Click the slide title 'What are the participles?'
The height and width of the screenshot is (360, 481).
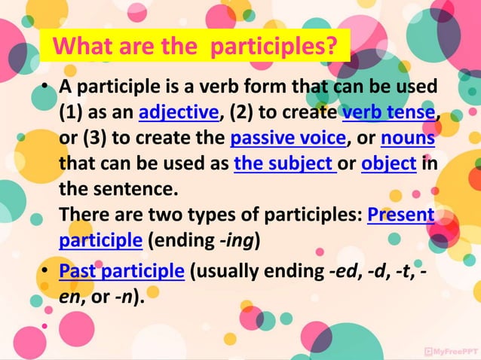tap(195, 47)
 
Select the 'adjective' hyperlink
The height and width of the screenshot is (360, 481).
tap(178, 114)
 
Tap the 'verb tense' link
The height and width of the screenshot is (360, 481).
tap(388, 114)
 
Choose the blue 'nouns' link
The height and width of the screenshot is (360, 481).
tap(408, 139)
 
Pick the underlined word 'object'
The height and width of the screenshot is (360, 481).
tap(389, 164)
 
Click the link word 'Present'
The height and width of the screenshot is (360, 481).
tap(400, 215)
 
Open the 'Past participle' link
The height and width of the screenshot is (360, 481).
tap(121, 270)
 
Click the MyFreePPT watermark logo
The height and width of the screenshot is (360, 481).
tap(449, 351)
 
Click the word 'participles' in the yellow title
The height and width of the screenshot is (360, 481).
tap(272, 47)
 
